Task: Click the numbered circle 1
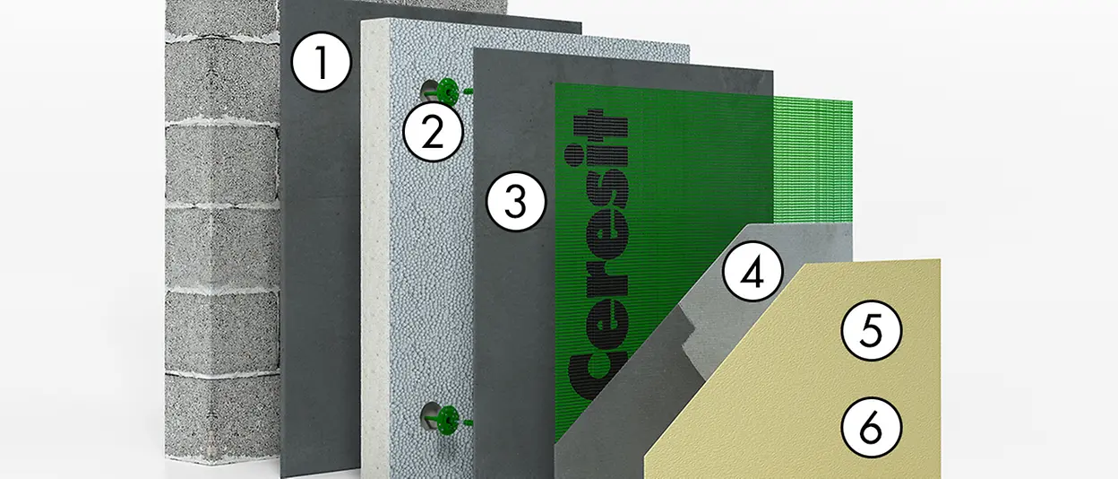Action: tap(322, 62)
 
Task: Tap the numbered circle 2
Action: tap(433, 132)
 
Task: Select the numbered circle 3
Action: tap(516, 201)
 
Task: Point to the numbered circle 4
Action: tap(752, 271)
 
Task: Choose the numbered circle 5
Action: tap(872, 330)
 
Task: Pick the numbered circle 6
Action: tap(872, 428)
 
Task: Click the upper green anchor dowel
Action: tap(449, 92)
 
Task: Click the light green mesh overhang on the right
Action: tap(813, 160)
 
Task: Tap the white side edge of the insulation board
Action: tap(375, 250)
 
